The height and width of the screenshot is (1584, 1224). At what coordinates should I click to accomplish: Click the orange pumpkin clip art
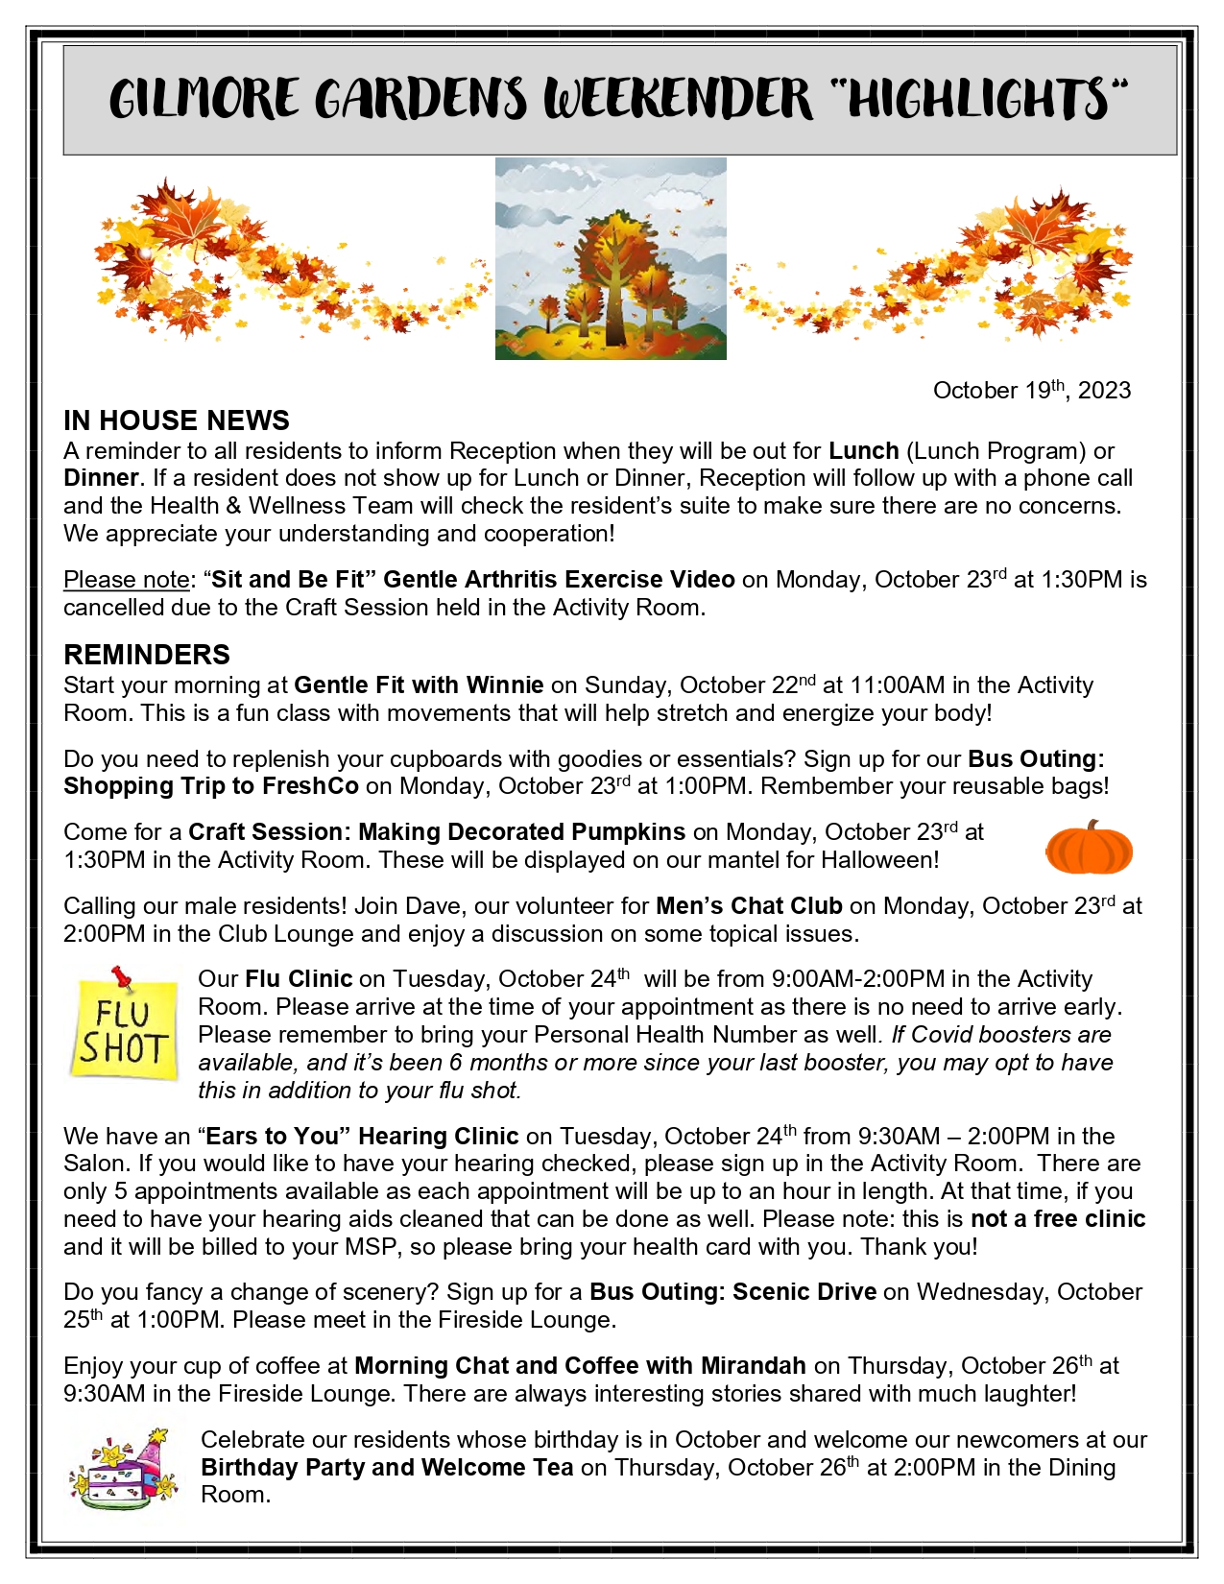point(1089,848)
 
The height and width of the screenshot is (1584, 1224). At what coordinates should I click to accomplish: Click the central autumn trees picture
point(611,259)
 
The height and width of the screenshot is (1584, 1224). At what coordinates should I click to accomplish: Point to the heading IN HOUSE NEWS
point(177,420)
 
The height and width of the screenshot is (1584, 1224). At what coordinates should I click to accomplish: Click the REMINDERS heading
point(147,655)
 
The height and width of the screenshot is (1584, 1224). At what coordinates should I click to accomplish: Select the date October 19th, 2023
point(1032,390)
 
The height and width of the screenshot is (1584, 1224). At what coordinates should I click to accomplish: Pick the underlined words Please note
point(127,580)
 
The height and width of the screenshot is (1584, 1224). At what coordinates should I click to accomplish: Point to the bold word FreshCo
point(310,786)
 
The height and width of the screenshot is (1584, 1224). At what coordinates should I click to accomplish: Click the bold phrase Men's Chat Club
point(749,905)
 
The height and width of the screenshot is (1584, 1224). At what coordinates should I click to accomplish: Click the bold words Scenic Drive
point(804,1291)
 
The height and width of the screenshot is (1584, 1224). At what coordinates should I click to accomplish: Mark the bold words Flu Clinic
point(299,979)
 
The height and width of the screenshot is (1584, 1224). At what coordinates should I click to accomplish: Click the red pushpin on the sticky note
point(122,977)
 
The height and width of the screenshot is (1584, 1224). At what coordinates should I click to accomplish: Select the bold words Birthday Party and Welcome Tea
point(387,1467)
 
